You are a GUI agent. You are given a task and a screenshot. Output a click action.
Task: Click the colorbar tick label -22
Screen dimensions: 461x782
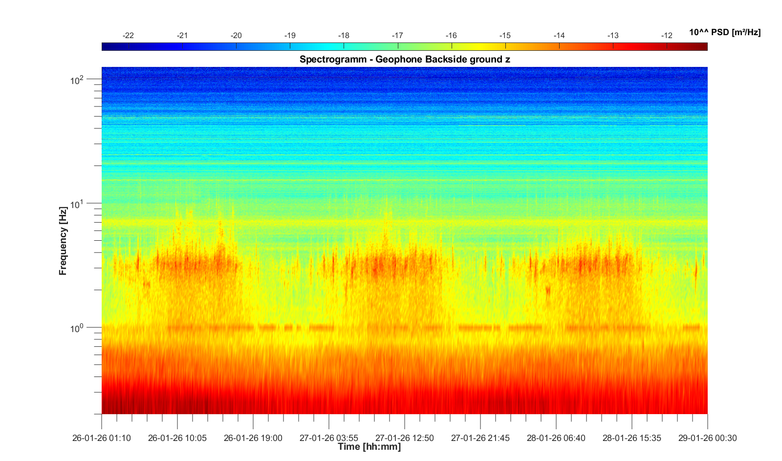(128, 36)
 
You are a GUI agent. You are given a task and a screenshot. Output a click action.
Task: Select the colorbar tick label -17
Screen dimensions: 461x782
(397, 36)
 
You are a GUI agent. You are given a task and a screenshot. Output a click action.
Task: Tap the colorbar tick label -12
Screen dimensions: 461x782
(667, 36)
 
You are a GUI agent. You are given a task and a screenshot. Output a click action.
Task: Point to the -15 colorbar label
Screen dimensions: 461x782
(505, 36)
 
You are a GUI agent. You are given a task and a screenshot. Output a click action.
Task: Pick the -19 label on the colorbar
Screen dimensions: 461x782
(290, 36)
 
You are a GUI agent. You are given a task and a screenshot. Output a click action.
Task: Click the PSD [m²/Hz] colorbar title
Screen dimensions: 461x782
(725, 33)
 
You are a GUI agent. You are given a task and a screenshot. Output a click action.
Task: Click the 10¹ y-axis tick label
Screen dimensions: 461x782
(77, 204)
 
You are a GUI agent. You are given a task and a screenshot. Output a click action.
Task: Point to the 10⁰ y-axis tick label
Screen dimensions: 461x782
(77, 328)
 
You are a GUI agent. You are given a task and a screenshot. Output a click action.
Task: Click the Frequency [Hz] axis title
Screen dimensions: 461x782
(63, 241)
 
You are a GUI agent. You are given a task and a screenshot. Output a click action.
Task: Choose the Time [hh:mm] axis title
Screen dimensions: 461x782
(369, 447)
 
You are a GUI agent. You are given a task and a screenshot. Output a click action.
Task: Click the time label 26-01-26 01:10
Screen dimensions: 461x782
(102, 438)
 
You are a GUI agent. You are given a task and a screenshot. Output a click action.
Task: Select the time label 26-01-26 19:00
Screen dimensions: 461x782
(253, 438)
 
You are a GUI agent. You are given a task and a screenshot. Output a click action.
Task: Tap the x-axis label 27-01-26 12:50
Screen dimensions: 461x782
(405, 438)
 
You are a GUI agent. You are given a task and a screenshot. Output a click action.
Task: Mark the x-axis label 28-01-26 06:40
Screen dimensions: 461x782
(556, 438)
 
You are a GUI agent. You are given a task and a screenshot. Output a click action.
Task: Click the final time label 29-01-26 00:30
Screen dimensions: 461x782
(707, 438)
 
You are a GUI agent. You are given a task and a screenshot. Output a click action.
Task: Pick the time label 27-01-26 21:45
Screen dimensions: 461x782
(480, 438)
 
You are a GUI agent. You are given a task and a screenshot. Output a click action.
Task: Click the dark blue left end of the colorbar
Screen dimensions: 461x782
(106, 47)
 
